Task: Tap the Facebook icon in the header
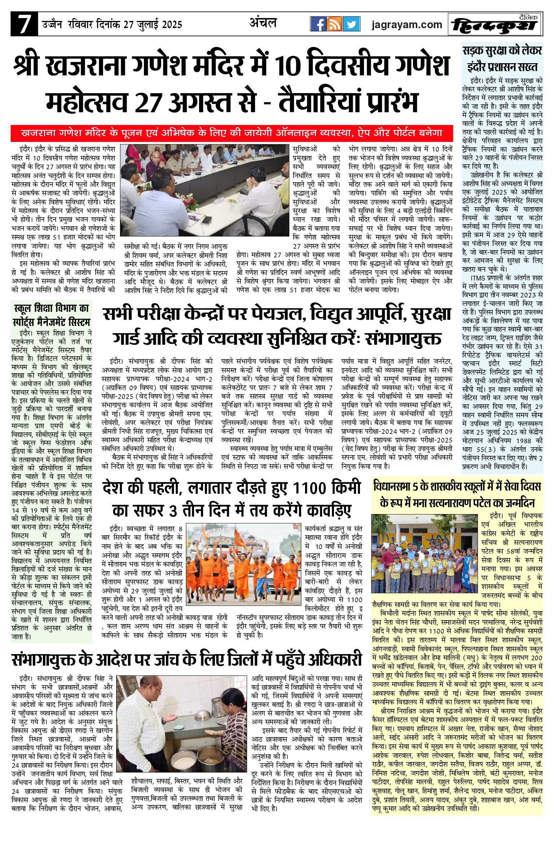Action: (x=318, y=24)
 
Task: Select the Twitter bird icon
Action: (x=351, y=24)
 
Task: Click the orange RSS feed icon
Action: (x=335, y=24)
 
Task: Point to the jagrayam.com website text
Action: (x=407, y=25)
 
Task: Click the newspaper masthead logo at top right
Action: (x=495, y=25)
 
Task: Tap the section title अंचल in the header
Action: (x=263, y=23)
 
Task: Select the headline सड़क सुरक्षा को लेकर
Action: (x=502, y=51)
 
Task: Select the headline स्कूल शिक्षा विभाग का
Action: (x=51, y=309)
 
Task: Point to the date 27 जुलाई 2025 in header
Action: (x=153, y=25)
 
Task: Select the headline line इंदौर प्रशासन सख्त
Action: (x=502, y=67)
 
